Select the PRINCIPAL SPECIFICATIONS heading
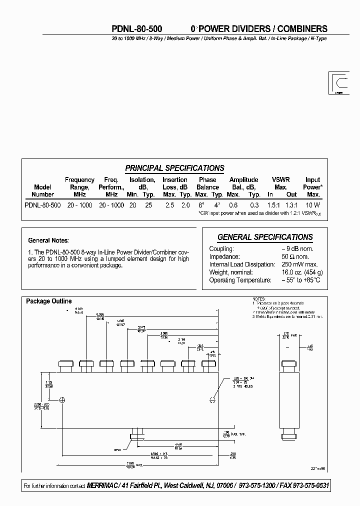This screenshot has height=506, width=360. (x=174, y=168)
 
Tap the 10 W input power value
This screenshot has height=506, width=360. (x=313, y=205)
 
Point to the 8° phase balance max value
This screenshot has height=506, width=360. (x=201, y=205)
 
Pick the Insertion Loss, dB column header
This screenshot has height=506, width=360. (x=175, y=183)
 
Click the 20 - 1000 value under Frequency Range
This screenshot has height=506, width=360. (x=79, y=205)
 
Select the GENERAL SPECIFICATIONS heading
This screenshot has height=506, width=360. (x=265, y=237)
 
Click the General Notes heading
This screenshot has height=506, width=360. (x=48, y=240)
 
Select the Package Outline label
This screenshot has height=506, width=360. (x=49, y=301)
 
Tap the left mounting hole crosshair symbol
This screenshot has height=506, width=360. (x=62, y=399)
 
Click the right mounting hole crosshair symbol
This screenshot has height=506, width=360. (x=212, y=399)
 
